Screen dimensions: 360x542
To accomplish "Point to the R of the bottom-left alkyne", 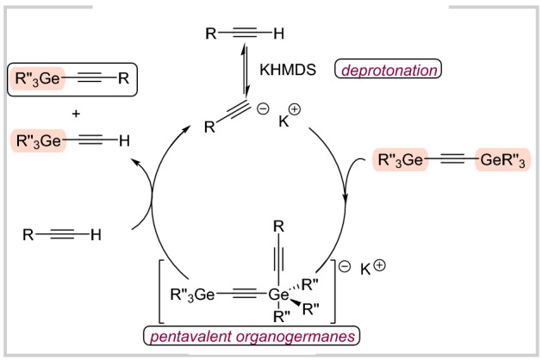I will pyautogui.click(x=30, y=234).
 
